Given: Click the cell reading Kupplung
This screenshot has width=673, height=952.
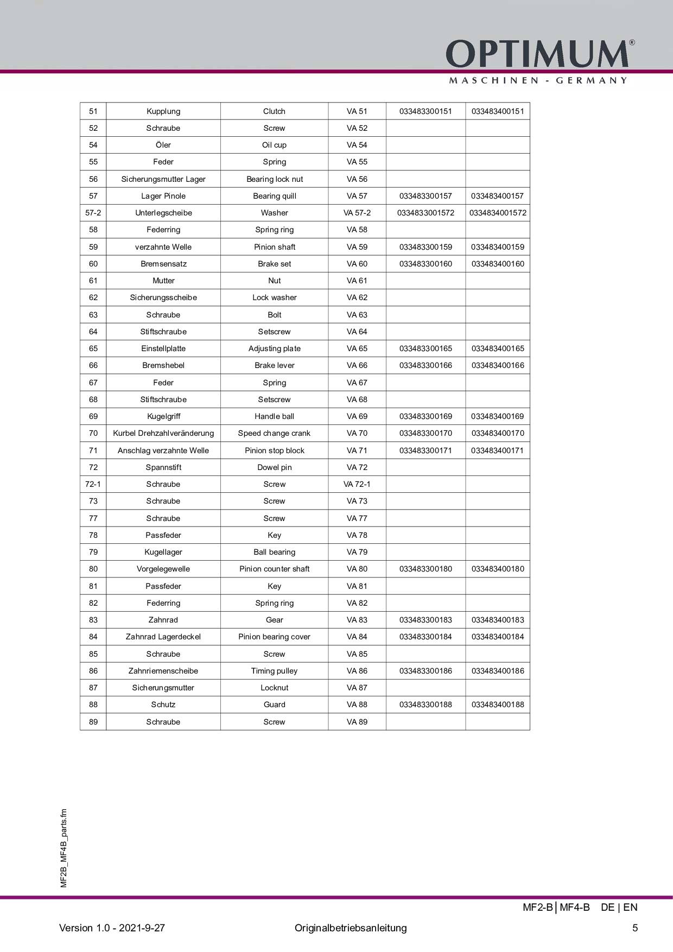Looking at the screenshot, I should tap(163, 111).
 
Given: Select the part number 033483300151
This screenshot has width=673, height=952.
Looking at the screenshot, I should tap(426, 111).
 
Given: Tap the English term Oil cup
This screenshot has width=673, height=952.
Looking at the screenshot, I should tap(274, 145).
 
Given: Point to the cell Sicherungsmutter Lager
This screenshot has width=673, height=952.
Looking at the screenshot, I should tap(163, 179).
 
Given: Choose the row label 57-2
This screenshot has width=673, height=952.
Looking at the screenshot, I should tap(93, 213).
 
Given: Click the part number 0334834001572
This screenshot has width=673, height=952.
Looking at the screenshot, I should tap(498, 213).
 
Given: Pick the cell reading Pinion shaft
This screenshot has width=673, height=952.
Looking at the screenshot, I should tap(274, 247).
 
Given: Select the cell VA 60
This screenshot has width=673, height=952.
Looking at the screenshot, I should tap(357, 264).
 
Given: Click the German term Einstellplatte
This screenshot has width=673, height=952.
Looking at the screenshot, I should tap(163, 348).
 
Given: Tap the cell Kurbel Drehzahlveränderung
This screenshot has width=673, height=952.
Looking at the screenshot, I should tap(163, 433).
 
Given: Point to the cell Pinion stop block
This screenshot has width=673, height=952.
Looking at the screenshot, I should tap(274, 450).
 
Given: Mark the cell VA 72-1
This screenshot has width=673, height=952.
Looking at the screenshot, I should tap(357, 484).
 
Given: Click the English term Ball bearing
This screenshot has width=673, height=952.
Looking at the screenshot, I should tap(274, 552).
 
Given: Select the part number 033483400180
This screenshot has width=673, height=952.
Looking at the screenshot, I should tap(498, 569).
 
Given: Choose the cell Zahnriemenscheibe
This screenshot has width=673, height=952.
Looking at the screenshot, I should tap(163, 671).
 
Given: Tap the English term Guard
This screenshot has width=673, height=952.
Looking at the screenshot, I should tap(274, 705).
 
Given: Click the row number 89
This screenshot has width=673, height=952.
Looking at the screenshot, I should tap(93, 722).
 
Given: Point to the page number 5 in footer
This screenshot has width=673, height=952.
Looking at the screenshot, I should tap(635, 928).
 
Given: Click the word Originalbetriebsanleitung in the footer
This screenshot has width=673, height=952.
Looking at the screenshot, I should tap(351, 928).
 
